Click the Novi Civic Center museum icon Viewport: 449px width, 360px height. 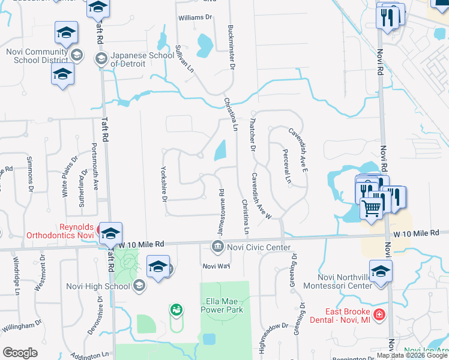(217, 247)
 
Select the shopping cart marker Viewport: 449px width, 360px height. (372, 209)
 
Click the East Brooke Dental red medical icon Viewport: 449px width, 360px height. (379, 314)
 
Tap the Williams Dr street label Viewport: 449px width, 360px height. (196, 17)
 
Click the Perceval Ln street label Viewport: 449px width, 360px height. (287, 166)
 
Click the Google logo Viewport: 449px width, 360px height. (20, 353)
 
